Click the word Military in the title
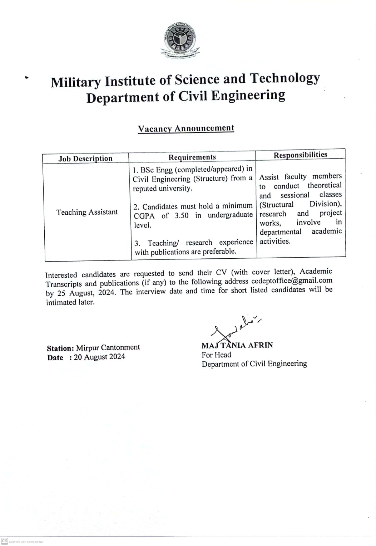75,82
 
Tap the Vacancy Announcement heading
186,128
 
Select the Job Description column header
85,159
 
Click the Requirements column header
192,157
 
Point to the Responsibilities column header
300,155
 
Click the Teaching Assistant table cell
87,212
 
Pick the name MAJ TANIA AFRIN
237,345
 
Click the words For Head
216,355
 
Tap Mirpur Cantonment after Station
108,347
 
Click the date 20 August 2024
99,357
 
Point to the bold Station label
60,348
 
